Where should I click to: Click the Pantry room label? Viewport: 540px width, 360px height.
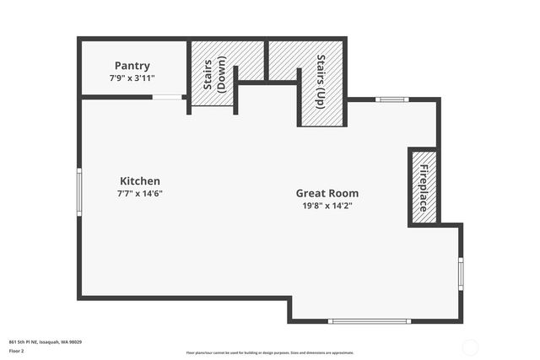(x=132, y=66)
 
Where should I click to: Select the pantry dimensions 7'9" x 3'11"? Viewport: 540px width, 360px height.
(x=132, y=78)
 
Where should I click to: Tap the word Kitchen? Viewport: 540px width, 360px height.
(x=140, y=181)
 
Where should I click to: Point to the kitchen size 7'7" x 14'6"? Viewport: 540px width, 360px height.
(x=140, y=193)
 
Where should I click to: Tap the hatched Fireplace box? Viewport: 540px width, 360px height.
(x=424, y=187)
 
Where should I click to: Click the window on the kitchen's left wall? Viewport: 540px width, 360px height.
(x=80, y=193)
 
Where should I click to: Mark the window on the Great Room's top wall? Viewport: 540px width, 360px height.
(x=392, y=100)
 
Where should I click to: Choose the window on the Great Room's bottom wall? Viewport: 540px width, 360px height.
(x=369, y=321)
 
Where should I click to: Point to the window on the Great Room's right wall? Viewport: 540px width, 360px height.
(x=461, y=273)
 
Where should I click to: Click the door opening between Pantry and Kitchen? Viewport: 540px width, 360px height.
(x=167, y=98)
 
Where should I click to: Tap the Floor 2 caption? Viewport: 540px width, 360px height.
(x=17, y=351)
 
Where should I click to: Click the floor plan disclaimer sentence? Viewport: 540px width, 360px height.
(x=270, y=352)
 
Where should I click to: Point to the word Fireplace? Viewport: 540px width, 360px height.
(x=424, y=187)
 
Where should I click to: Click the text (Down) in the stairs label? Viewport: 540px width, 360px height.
(x=221, y=73)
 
